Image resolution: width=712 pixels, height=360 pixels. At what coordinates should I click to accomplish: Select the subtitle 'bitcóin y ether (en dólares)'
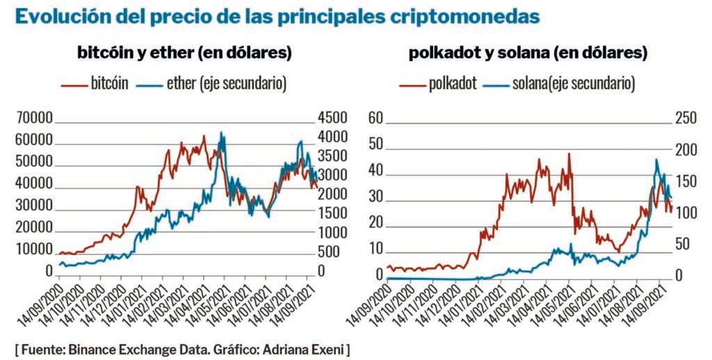[184, 53]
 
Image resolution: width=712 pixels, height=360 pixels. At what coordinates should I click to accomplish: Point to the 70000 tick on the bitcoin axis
[33, 118]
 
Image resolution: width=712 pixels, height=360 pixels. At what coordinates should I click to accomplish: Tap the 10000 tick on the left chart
[33, 249]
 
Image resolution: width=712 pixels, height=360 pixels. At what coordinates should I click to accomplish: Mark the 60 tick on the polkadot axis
[376, 118]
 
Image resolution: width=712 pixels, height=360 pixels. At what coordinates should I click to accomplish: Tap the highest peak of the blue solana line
[656, 160]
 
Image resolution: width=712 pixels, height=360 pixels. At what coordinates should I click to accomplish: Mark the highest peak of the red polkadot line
[569, 154]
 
